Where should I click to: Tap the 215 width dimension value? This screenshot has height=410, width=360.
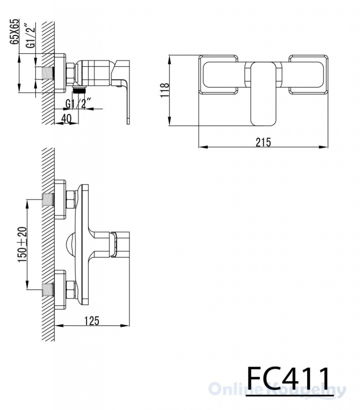pos(263,142)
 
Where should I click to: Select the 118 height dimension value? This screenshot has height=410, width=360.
pos(165,90)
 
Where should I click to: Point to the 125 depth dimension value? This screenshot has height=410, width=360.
pos(92,321)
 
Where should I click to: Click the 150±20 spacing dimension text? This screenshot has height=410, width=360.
pos(23,245)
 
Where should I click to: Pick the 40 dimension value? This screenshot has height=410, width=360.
pos(66,118)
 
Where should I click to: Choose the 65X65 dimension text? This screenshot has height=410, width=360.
pos(15,32)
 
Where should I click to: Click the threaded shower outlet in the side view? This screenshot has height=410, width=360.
pos(80,90)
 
